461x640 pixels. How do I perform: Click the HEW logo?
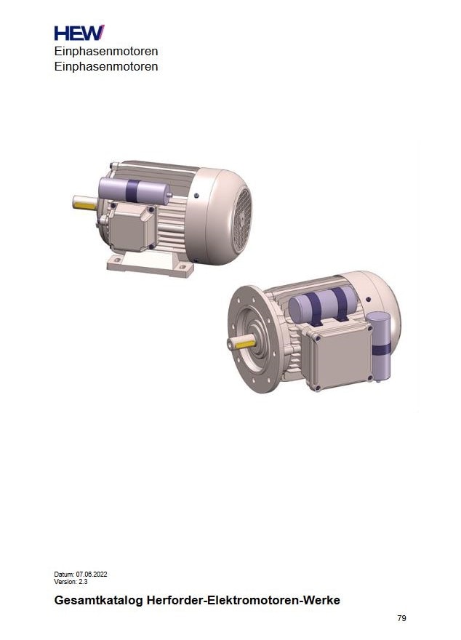click(79, 33)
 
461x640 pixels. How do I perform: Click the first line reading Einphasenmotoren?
click(106, 52)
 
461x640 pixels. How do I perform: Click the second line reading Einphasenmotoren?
click(106, 66)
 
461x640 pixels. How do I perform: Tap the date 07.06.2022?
click(92, 575)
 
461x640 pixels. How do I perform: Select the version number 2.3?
click(83, 582)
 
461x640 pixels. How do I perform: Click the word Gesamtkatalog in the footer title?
click(98, 601)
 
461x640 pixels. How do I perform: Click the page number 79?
click(401, 618)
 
